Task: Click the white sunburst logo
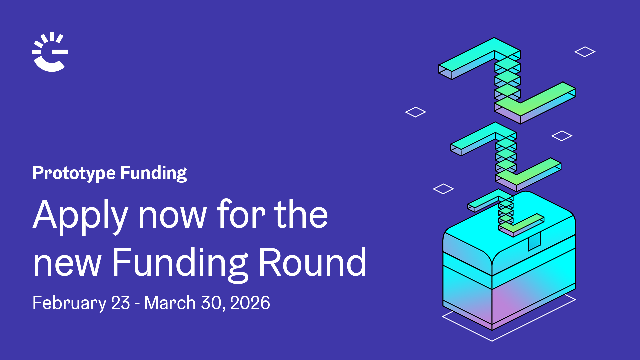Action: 50,52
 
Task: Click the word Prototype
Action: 74,173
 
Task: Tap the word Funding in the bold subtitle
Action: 153,173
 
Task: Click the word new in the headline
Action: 67,263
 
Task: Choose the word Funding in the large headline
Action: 180,263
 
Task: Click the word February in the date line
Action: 69,303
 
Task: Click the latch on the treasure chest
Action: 534,241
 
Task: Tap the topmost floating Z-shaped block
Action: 507,80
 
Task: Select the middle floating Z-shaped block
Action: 506,156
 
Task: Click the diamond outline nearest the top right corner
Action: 585,52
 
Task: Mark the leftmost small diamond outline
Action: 415,112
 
